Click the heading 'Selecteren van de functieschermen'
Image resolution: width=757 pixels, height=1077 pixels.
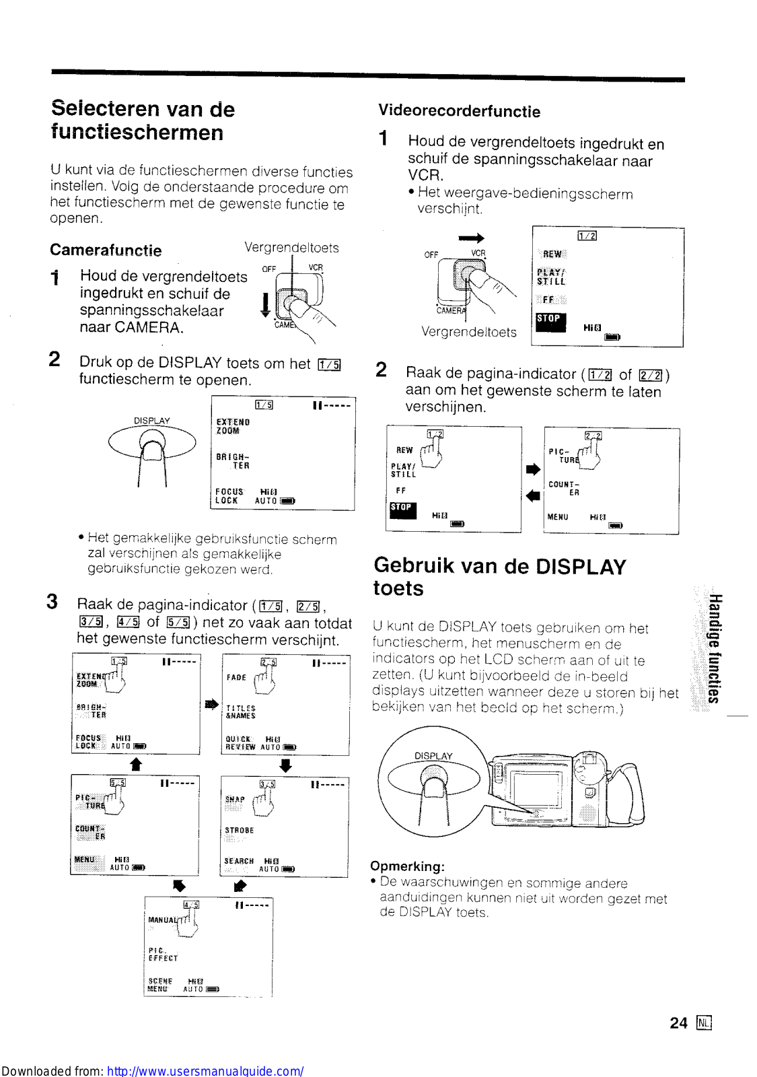(x=143, y=120)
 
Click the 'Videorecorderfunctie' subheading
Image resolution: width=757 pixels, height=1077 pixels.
(x=459, y=111)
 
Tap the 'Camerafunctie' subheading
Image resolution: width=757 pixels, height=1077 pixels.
(x=106, y=250)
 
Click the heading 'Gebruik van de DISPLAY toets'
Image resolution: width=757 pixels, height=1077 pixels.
(x=499, y=576)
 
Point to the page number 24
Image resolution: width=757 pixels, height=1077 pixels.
(x=678, y=1023)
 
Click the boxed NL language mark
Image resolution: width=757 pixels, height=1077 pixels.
(x=704, y=1023)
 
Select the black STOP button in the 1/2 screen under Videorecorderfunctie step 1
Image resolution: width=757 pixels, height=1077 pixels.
(x=549, y=320)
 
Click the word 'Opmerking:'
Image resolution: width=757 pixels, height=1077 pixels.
(x=407, y=866)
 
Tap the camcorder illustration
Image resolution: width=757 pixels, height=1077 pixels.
(x=565, y=788)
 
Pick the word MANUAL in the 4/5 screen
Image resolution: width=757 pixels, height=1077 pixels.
(x=162, y=919)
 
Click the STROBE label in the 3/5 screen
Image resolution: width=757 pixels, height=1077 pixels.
(x=240, y=831)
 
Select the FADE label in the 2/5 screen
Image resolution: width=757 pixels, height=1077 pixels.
(x=236, y=677)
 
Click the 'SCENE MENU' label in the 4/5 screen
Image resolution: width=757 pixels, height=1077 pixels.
(x=160, y=985)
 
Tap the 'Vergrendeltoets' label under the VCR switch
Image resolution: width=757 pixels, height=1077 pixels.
(x=469, y=332)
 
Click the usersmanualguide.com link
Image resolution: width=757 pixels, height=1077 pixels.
(x=205, y=1070)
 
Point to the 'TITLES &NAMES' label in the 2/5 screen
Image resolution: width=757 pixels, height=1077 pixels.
(x=241, y=712)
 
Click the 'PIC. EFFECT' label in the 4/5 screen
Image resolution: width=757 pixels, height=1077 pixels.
(x=163, y=954)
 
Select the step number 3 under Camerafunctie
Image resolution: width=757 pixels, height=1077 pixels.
(x=52, y=601)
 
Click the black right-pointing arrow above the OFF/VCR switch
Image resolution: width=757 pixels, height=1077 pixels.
(x=471, y=238)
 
